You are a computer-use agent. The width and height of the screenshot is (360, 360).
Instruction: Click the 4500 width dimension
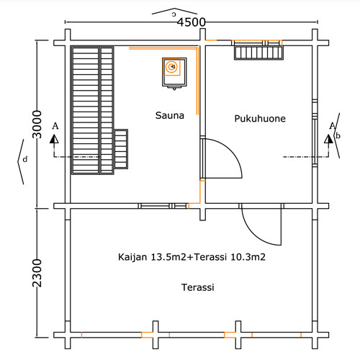click(192, 22)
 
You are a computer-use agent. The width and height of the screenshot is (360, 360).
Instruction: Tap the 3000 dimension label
click(37, 125)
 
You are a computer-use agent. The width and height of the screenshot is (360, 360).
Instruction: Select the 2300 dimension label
click(37, 273)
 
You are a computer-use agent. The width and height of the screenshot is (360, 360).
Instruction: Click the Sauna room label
click(170, 115)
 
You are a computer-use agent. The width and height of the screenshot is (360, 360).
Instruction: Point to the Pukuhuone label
click(260, 119)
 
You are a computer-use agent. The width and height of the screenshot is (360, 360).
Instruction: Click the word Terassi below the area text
click(197, 287)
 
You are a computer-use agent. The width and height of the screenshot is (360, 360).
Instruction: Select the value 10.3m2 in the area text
click(248, 257)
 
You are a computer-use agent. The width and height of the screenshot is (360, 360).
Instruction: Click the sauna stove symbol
click(174, 73)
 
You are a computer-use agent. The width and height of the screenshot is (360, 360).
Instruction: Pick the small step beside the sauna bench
click(121, 149)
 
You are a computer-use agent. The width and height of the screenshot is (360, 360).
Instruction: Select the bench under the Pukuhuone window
click(258, 53)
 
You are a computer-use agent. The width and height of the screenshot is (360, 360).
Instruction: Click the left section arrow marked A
click(54, 139)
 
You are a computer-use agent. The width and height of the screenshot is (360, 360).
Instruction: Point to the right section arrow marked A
click(329, 139)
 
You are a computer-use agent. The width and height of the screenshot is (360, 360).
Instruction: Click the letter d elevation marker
click(25, 159)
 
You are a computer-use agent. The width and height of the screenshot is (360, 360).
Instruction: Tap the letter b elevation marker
click(338, 135)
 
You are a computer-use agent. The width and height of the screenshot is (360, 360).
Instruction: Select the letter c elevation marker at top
click(174, 14)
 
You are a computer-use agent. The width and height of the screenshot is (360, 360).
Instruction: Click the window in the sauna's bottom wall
click(163, 206)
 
